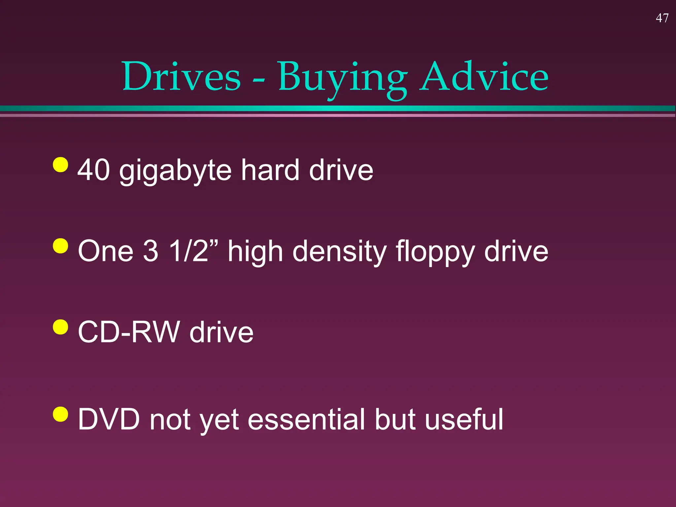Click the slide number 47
coord(662,18)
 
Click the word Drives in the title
coord(182,77)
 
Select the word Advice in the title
coord(484,77)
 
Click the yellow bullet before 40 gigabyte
coord(61,164)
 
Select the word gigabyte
coord(175,172)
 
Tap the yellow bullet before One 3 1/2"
coord(61,246)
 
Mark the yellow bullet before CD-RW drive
coord(61,327)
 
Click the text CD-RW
coord(129,332)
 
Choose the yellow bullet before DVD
coord(61,414)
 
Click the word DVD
coord(109,419)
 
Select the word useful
coord(464,419)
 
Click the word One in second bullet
coord(106,252)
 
